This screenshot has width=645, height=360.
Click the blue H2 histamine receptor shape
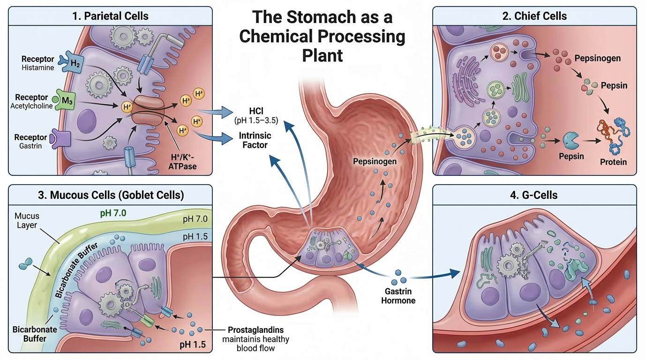[x=75, y=63]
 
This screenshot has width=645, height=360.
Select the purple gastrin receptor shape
[x=61, y=138]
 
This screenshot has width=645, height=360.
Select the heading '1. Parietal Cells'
[x=111, y=16]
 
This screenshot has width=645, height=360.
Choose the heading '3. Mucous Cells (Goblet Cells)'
[x=111, y=195]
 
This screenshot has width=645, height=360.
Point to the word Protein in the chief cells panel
[x=613, y=162]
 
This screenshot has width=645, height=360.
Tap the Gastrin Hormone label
[x=398, y=295]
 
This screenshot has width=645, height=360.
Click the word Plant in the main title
[x=322, y=55]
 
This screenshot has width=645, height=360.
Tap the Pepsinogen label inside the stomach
[x=375, y=161]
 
